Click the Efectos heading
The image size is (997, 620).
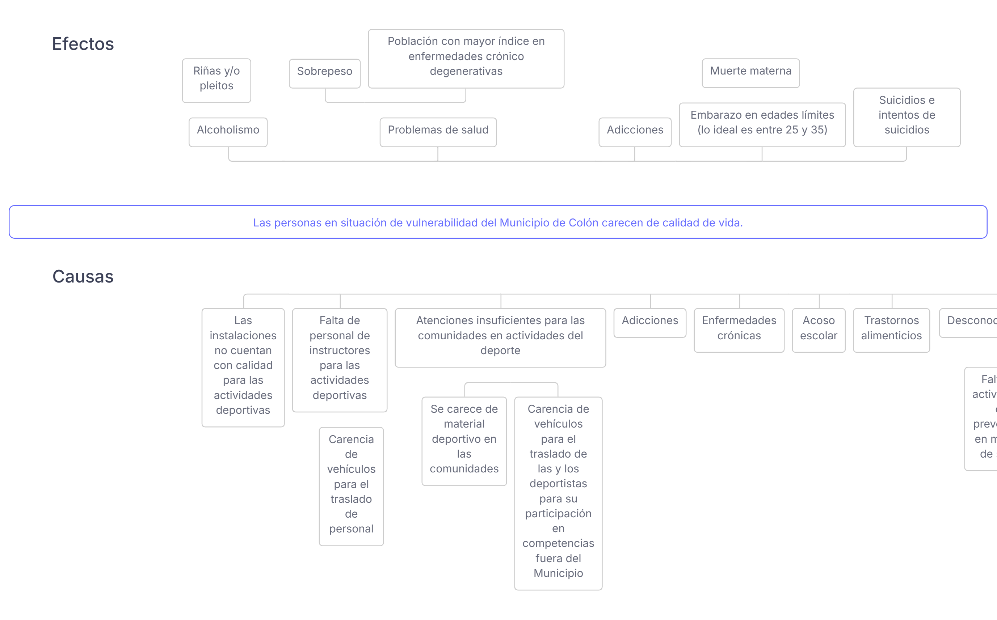83,44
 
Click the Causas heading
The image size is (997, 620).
83,276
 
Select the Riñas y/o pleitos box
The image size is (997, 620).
216,80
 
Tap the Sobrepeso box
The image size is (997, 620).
324,73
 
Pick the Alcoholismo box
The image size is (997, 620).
228,132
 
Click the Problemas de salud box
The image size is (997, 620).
438,132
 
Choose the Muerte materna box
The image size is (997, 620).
750,73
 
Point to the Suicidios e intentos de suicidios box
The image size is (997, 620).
906,117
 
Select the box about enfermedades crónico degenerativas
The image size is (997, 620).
466,58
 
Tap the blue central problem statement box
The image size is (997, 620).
498,222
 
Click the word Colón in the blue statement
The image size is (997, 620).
584,223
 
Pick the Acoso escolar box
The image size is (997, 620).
818,330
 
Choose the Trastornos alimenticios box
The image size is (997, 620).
891,330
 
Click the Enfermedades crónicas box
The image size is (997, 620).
739,330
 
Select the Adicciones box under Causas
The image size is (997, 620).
649,323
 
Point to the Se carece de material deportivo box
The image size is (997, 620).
464,441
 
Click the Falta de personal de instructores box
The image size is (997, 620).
339,360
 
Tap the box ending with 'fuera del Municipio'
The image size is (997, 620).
558,493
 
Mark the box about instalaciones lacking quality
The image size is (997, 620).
243,368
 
